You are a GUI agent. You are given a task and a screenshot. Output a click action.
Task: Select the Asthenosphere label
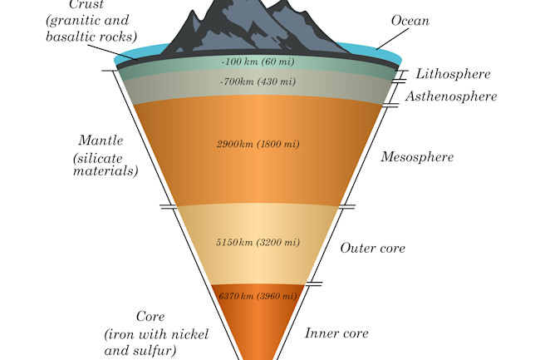click(451, 97)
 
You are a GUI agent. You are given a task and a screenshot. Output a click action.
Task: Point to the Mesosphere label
click(416, 156)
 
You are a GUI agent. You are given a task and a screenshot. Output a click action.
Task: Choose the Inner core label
click(336, 333)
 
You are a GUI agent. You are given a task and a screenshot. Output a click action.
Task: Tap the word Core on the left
click(150, 317)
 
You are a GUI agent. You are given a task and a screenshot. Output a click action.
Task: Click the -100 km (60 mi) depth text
click(256, 62)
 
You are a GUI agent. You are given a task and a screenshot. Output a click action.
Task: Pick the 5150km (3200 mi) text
click(257, 242)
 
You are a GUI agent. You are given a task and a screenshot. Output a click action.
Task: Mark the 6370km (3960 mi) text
click(257, 297)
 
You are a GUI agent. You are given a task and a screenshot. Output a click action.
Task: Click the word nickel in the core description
click(189, 334)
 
